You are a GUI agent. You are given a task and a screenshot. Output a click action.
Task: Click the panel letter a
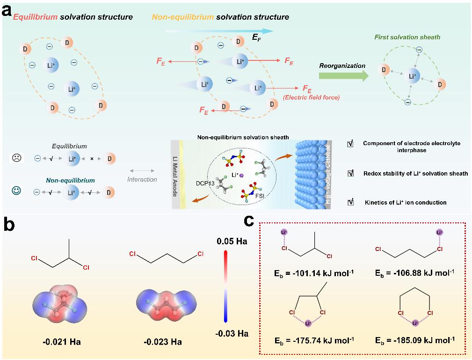click(7, 10)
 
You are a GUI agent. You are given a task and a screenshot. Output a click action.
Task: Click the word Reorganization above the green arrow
click(342, 66)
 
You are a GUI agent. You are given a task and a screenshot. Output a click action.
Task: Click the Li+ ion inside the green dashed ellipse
click(412, 75)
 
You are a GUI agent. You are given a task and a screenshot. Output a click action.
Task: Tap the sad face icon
click(16, 158)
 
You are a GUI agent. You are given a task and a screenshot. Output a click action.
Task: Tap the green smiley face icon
click(16, 191)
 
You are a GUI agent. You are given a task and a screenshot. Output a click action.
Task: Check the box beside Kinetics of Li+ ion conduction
click(350, 203)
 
